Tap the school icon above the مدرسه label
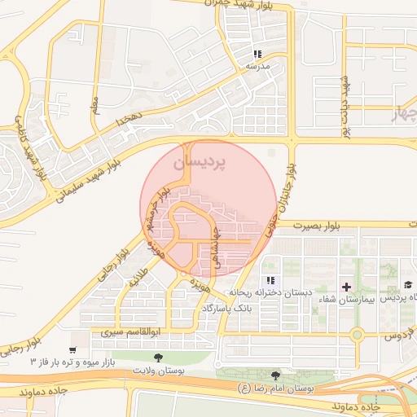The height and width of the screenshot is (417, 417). pyautogui.click(x=257, y=55)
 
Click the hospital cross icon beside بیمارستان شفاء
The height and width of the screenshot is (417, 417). pyautogui.click(x=346, y=287)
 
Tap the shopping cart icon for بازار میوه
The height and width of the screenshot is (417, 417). pyautogui.click(x=73, y=350)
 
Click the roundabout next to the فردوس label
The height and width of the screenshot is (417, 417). pyautogui.click(x=356, y=334)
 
